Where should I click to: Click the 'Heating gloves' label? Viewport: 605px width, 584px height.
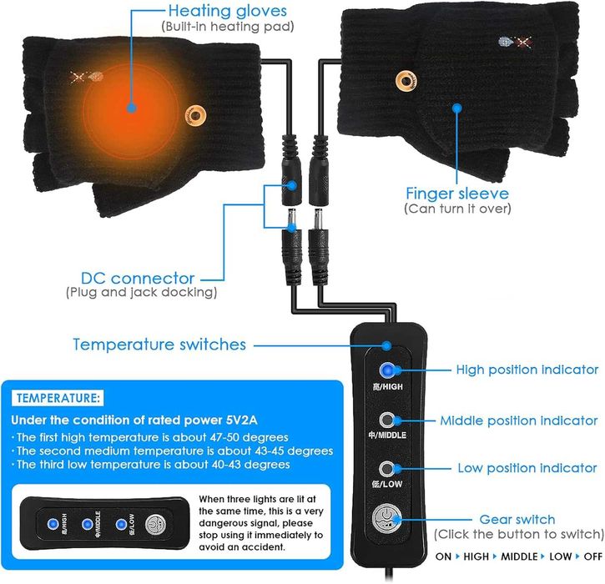pyautogui.click(x=227, y=12)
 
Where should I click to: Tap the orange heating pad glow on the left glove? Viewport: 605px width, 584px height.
pyautogui.click(x=129, y=105)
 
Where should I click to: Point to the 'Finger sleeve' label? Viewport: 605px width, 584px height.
pyautogui.click(x=457, y=193)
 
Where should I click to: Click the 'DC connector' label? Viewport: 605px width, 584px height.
pyautogui.click(x=139, y=278)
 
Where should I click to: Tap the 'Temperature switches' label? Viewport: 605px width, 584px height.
pyautogui.click(x=159, y=344)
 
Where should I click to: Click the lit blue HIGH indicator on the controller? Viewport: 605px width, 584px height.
pyautogui.click(x=386, y=370)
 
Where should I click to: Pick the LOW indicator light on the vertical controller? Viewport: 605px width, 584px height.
pyautogui.click(x=386, y=468)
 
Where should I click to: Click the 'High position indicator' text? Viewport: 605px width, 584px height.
pyautogui.click(x=527, y=370)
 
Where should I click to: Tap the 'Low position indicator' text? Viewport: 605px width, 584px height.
pyautogui.click(x=527, y=468)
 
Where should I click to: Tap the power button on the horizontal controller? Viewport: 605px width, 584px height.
pyautogui.click(x=157, y=525)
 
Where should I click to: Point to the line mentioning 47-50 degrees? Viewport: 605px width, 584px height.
pyautogui.click(x=150, y=437)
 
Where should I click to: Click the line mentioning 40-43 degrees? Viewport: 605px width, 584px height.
pyautogui.click(x=150, y=465)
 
